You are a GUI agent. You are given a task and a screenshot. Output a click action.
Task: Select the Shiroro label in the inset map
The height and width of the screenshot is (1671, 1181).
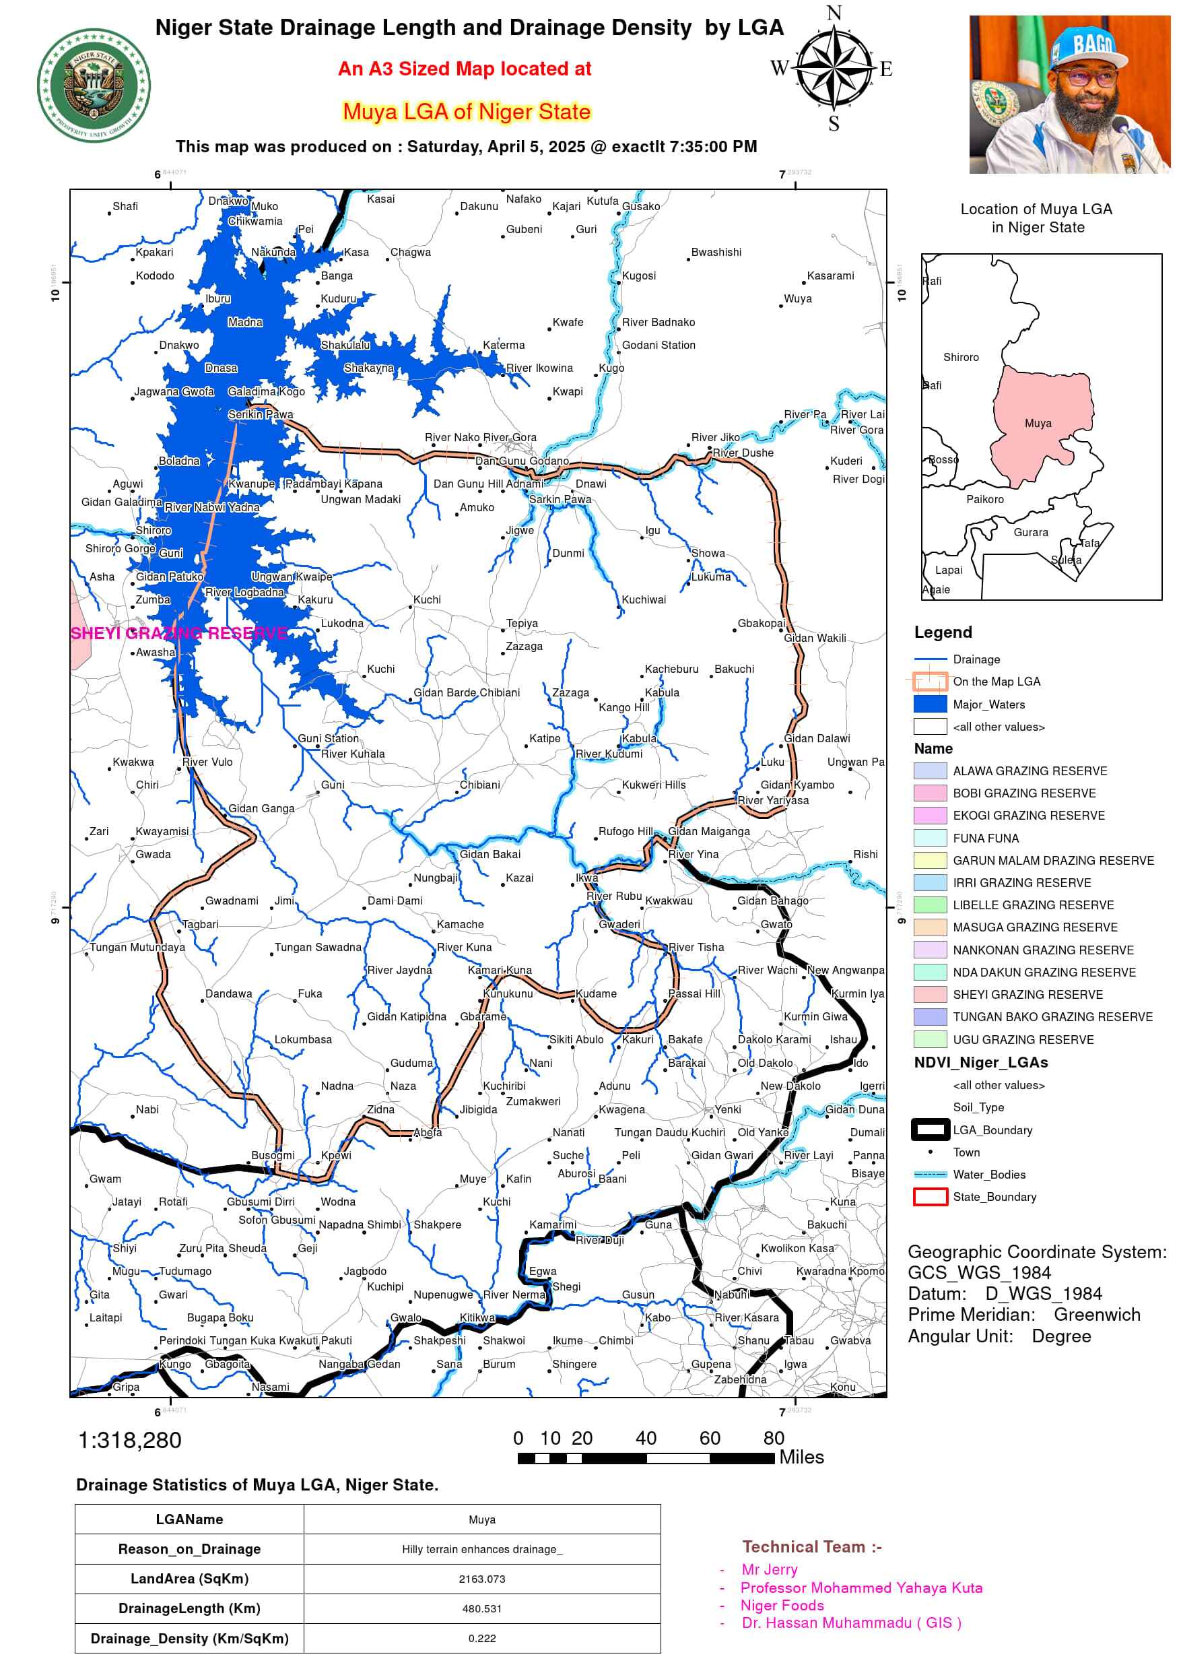(x=961, y=358)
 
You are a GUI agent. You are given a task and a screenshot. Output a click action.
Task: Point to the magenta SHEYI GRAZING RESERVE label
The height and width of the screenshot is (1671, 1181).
(x=179, y=633)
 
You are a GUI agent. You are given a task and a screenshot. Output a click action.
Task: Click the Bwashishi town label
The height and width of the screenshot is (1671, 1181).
(x=716, y=252)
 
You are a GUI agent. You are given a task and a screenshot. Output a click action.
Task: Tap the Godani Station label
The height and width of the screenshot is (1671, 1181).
(x=658, y=345)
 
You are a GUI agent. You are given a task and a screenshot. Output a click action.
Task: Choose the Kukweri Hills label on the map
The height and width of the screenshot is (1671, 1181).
(x=652, y=785)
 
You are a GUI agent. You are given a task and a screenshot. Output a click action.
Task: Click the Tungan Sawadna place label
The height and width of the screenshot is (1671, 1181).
(x=317, y=947)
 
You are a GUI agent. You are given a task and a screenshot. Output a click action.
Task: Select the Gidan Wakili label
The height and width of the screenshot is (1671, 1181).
(x=814, y=638)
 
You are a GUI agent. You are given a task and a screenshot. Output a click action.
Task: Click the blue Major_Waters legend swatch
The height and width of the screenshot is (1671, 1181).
(x=929, y=704)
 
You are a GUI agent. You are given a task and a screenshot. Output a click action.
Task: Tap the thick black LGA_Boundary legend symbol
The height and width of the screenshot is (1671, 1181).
(x=929, y=1129)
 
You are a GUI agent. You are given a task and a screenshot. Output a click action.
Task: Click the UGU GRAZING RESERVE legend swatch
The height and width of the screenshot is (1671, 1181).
(x=929, y=1039)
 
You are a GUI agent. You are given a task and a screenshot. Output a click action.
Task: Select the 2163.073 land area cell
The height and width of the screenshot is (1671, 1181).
(x=481, y=1579)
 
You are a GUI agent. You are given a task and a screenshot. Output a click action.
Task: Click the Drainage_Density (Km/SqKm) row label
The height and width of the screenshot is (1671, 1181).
(x=189, y=1638)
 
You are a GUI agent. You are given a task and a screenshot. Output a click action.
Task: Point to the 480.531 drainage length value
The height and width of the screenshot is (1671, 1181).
(x=481, y=1608)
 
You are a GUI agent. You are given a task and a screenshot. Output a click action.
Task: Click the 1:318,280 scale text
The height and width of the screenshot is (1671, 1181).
(x=129, y=1440)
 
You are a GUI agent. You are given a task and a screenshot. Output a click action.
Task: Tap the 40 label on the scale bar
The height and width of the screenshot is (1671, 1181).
(x=646, y=1438)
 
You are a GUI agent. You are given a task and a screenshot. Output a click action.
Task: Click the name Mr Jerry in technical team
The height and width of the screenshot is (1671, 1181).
(x=769, y=1569)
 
